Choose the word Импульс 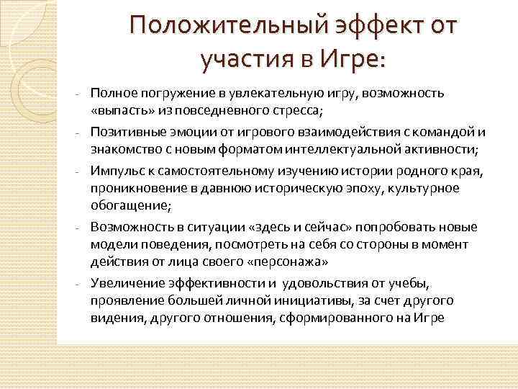(114, 171)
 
